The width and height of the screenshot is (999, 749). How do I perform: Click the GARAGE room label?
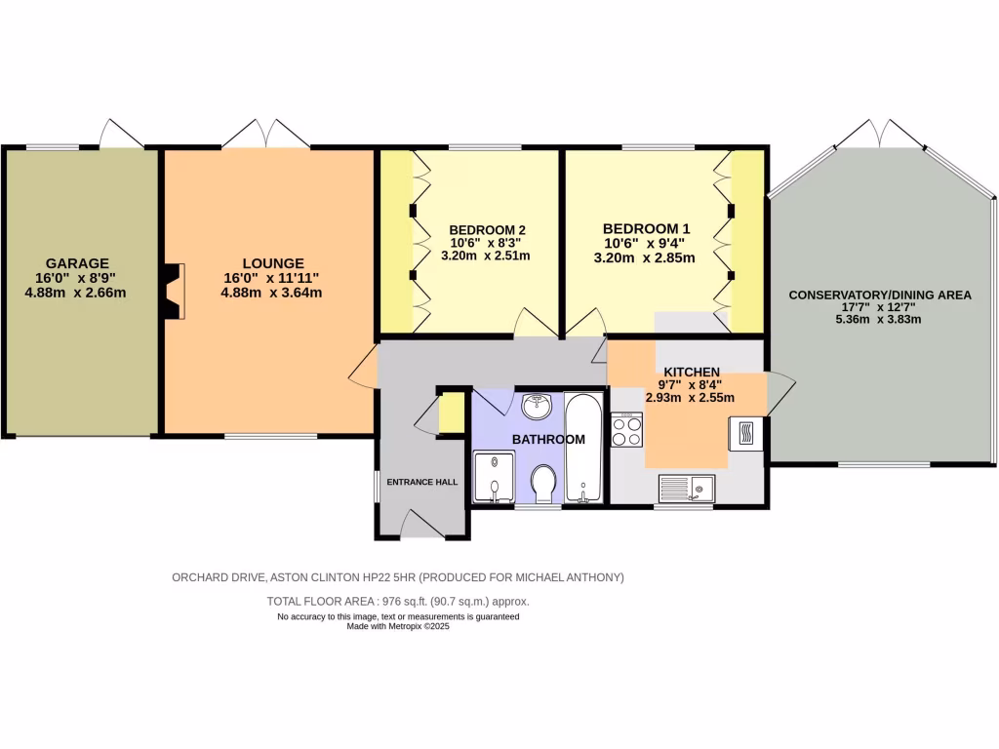[x=77, y=262]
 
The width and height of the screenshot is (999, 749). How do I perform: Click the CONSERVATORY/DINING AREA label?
[x=880, y=295]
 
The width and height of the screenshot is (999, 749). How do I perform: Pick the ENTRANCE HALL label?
[x=421, y=482]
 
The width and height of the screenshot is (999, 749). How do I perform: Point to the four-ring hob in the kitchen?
[x=626, y=430]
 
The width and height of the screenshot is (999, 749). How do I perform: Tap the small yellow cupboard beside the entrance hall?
[x=451, y=412]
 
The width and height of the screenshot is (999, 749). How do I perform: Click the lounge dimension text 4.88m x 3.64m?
[x=271, y=292]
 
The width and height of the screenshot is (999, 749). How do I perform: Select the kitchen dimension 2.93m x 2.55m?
[x=690, y=397]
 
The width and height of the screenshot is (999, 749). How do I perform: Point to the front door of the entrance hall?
[x=421, y=527]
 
